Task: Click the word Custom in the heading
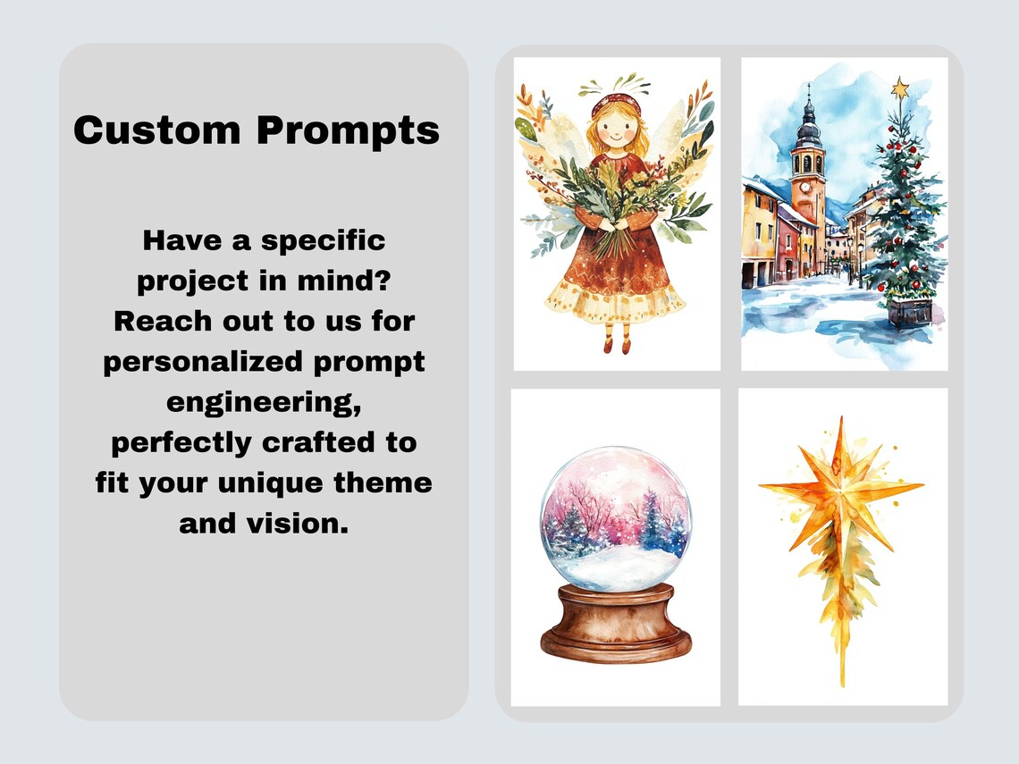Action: click(157, 130)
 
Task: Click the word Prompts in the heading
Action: click(349, 131)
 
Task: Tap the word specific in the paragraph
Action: click(323, 241)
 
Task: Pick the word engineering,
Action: click(264, 403)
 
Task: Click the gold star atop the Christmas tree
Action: click(900, 88)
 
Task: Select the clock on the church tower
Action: click(805, 188)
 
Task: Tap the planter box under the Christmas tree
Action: click(911, 311)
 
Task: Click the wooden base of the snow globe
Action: click(616, 623)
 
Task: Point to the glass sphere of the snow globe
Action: click(616, 518)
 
